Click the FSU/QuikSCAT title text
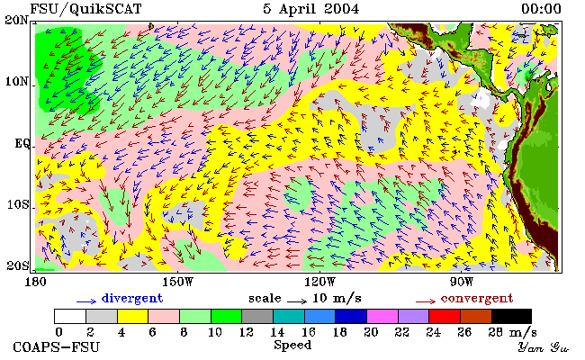click(x=85, y=9)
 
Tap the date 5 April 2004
click(x=310, y=9)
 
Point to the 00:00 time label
click(x=541, y=9)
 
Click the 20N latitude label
click(x=16, y=20)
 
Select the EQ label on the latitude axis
click(x=22, y=143)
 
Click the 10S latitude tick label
click(x=18, y=204)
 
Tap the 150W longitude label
click(x=178, y=282)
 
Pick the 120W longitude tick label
click(x=319, y=282)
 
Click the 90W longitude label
click(x=462, y=282)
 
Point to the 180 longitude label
click(x=35, y=282)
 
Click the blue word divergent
click(x=132, y=299)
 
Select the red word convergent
click(x=477, y=299)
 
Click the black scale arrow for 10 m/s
click(x=297, y=301)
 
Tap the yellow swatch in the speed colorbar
click(x=133, y=316)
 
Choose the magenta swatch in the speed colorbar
click(x=382, y=316)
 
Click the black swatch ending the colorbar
click(x=511, y=316)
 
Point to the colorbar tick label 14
click(x=277, y=332)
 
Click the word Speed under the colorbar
click(x=292, y=346)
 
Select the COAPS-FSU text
click(x=57, y=347)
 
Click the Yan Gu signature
click(x=543, y=348)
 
